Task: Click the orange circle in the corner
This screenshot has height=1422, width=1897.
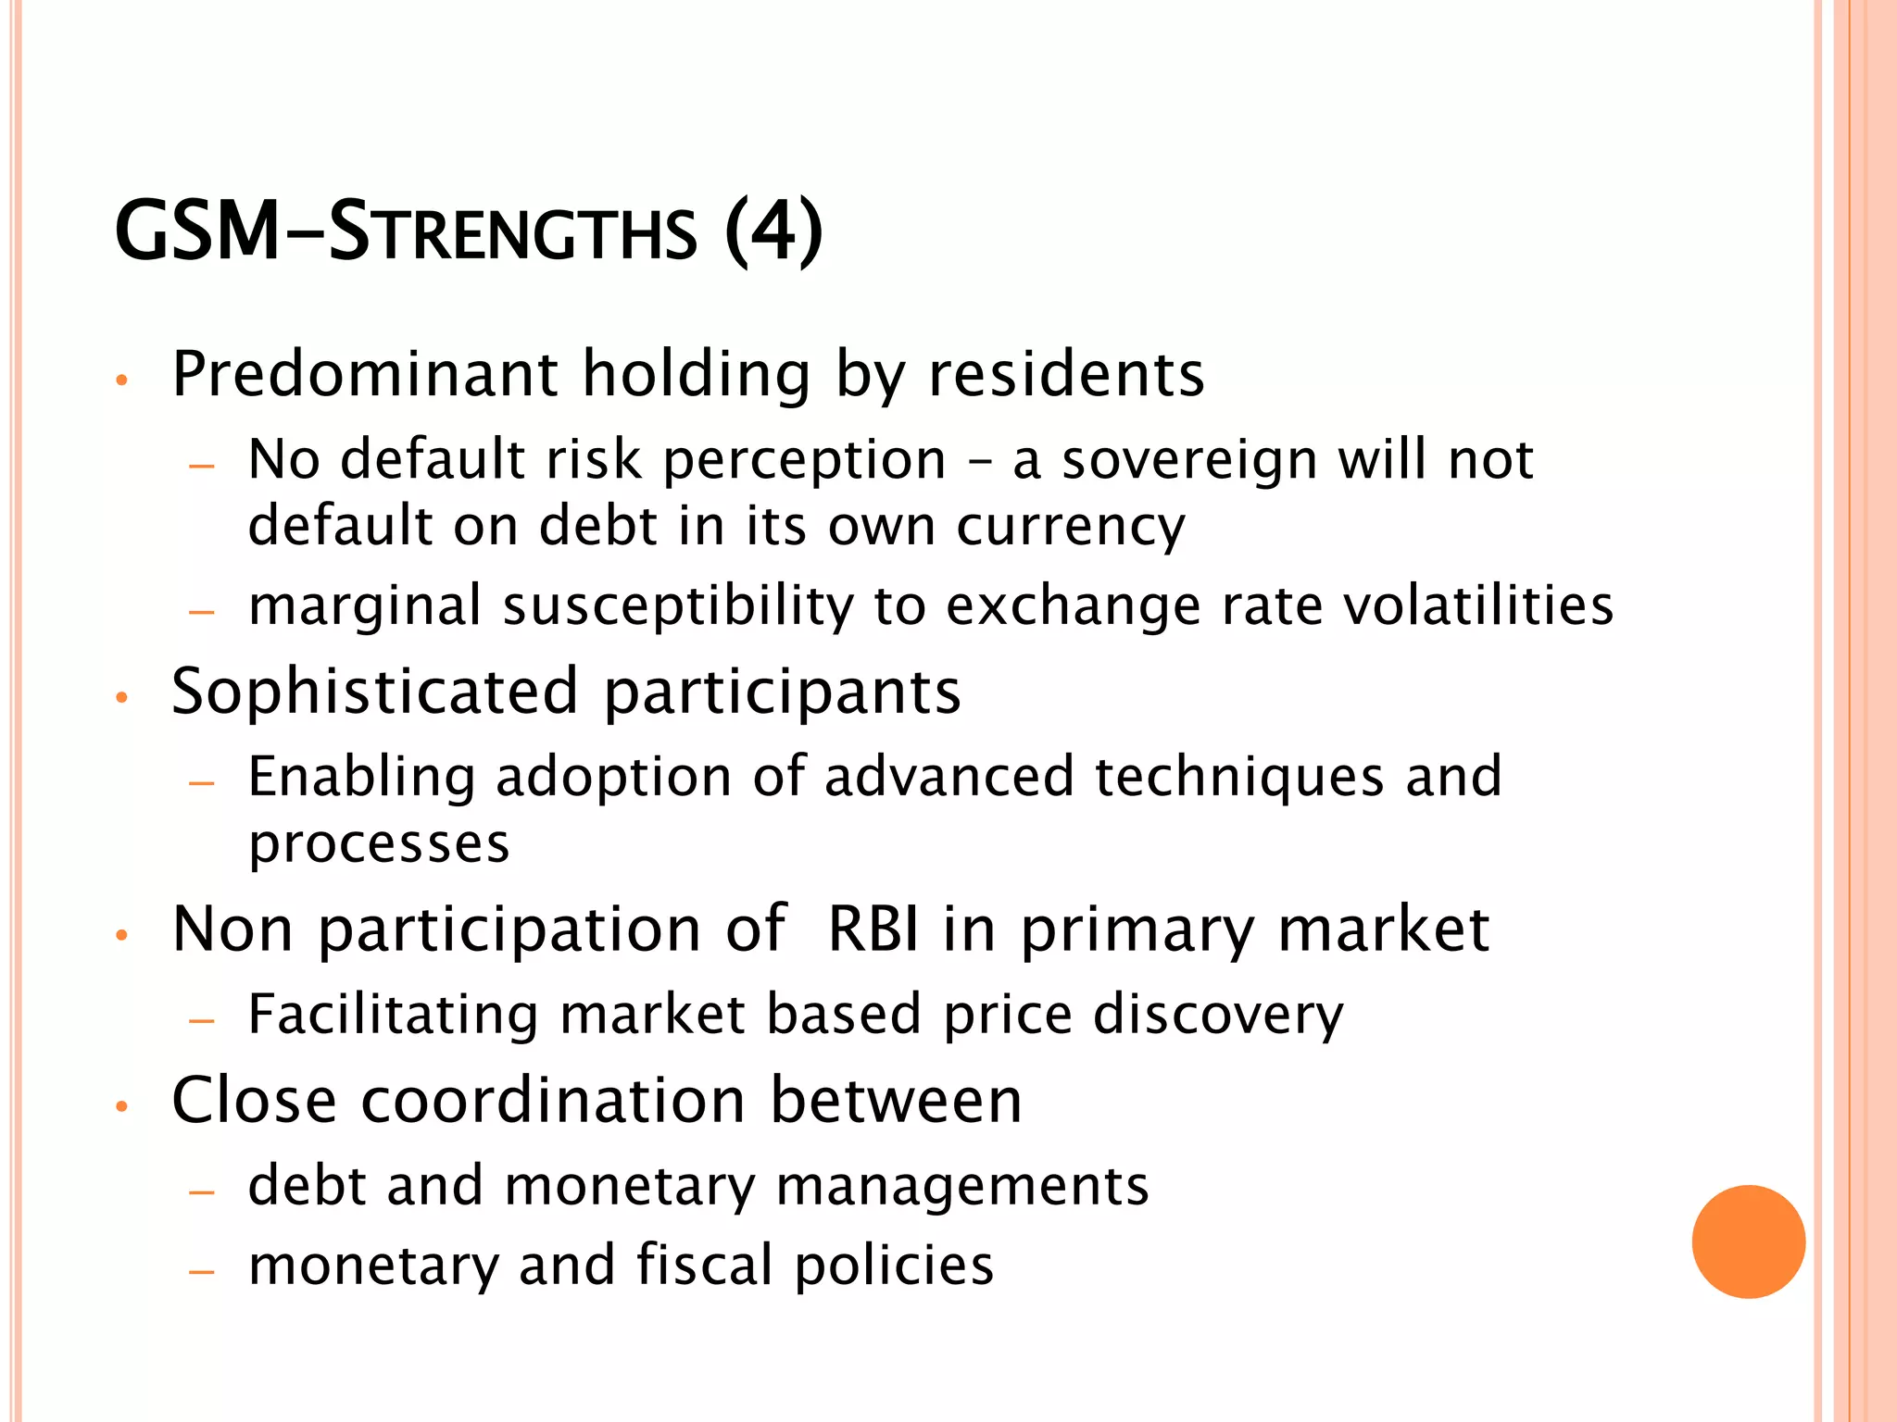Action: [x=1748, y=1241]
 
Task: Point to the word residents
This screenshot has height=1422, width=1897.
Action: [x=1066, y=374]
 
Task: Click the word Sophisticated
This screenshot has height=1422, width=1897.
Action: [x=375, y=692]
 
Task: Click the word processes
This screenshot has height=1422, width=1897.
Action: [x=379, y=844]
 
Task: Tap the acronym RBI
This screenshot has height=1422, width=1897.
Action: [x=873, y=929]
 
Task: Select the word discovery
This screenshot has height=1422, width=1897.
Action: [x=1218, y=1015]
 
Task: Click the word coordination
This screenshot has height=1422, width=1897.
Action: [x=553, y=1101]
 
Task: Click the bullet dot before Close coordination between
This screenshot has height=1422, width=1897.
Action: [x=120, y=1105]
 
